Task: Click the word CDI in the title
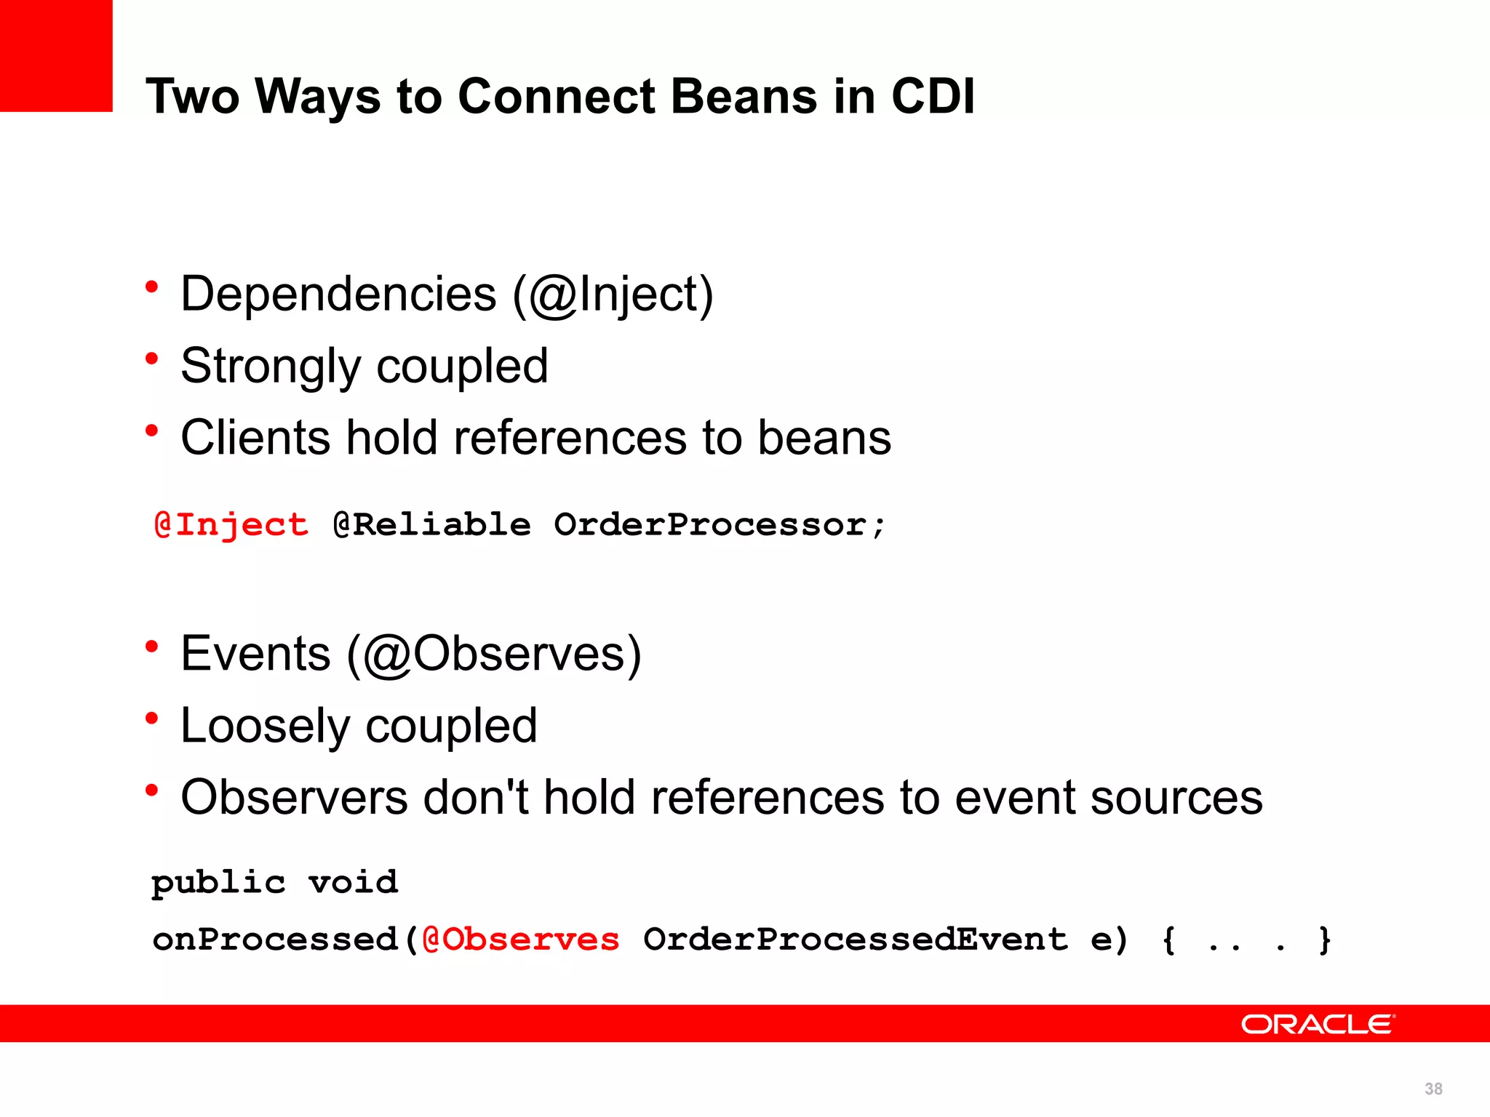click(x=933, y=96)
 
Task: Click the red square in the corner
click(x=56, y=55)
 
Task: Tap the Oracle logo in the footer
click(x=1318, y=1024)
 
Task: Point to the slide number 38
click(x=1433, y=1089)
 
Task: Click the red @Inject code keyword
click(x=231, y=525)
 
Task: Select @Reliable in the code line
click(x=432, y=525)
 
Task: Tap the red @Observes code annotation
click(x=521, y=940)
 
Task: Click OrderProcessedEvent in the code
click(x=856, y=940)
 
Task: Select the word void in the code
click(x=353, y=883)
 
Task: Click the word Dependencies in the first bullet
click(x=338, y=295)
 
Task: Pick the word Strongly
click(x=271, y=367)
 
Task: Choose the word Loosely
click(x=265, y=726)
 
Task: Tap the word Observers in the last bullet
click(x=294, y=798)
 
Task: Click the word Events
click(x=255, y=654)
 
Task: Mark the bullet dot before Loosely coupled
click(x=151, y=718)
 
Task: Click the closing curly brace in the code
click(x=1325, y=940)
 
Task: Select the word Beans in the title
click(x=744, y=96)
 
